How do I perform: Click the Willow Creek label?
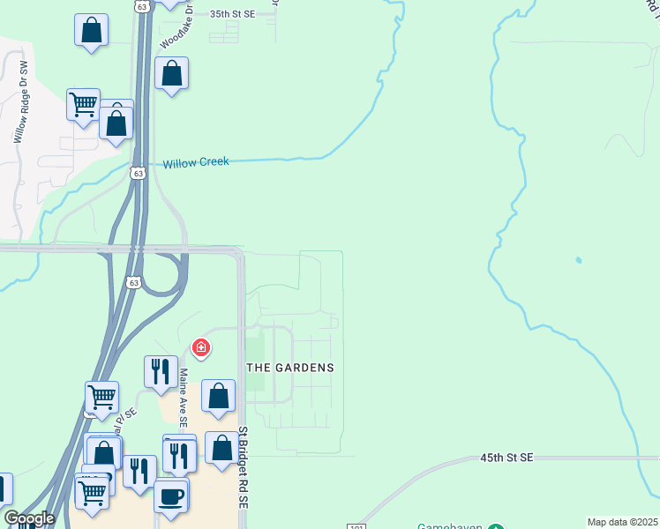196,162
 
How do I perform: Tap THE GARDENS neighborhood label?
289,367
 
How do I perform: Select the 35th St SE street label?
233,14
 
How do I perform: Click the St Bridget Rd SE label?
244,467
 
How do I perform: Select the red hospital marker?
201,348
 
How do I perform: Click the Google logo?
29,518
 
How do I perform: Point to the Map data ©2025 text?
623,522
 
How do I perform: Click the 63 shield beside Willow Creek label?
137,173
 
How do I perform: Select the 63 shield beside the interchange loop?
133,283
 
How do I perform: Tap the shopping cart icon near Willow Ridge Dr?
84,105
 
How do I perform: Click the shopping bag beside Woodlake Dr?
172,73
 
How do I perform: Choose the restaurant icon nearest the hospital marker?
159,371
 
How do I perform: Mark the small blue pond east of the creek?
578,260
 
